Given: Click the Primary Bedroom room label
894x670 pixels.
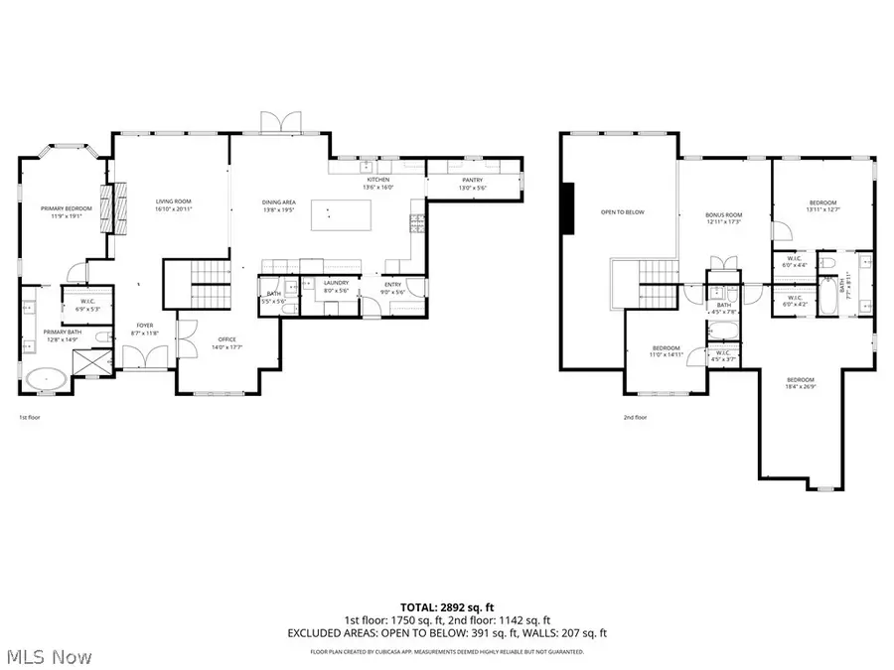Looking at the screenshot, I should click(67, 210).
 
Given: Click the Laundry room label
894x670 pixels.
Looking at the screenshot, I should click(337, 287).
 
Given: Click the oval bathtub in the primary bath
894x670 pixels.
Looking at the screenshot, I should click(45, 379).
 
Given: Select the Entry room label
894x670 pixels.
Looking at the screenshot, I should click(392, 287).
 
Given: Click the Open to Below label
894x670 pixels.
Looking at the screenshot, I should click(623, 211).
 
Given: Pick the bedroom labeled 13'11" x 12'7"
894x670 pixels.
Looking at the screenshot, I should click(822, 205).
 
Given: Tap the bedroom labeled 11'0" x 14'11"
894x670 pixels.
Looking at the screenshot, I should click(665, 350).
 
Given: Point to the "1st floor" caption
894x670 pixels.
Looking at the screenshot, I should click(29, 418).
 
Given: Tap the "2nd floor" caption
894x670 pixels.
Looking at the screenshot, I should click(635, 418).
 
